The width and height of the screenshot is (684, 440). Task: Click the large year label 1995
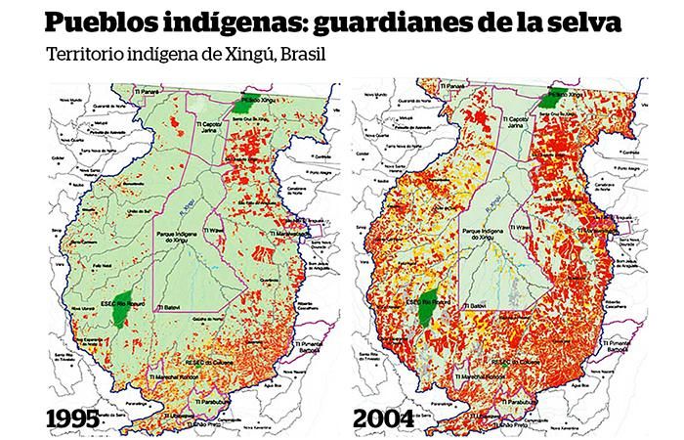point(67,419)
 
